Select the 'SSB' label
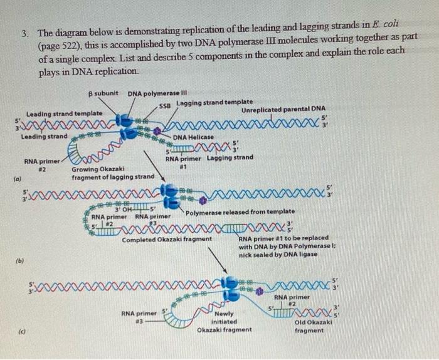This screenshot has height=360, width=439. [166, 105]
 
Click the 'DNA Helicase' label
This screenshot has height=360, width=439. [193, 136]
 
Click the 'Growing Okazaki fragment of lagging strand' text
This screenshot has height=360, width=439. [112, 173]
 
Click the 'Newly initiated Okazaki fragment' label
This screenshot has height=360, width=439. [224, 322]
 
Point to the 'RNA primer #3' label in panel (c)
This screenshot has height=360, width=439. [139, 316]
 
